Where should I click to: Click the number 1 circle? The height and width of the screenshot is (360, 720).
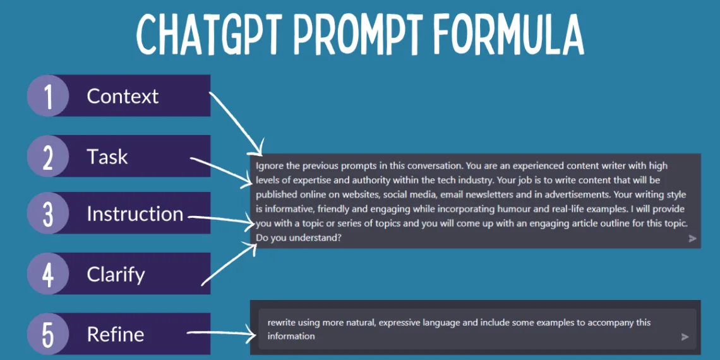(48, 95)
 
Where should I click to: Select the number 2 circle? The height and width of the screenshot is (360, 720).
(48, 156)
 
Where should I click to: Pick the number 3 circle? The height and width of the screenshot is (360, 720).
(48, 213)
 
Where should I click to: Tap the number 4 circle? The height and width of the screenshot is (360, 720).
(48, 273)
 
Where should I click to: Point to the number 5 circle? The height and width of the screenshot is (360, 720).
(48, 334)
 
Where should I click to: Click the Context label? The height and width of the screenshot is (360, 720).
(123, 96)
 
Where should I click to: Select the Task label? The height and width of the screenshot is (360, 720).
(107, 157)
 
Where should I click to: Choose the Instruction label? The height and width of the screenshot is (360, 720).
(135, 214)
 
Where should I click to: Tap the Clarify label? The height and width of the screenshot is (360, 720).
(116, 275)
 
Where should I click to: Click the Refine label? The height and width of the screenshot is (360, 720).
(115, 334)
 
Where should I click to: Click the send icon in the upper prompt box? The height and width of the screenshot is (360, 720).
(692, 238)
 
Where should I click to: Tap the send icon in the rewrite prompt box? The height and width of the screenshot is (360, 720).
(685, 337)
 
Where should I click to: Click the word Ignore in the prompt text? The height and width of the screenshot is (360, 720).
(268, 165)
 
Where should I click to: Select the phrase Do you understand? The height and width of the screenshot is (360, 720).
(298, 238)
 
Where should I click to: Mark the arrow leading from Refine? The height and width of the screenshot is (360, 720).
(221, 334)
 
